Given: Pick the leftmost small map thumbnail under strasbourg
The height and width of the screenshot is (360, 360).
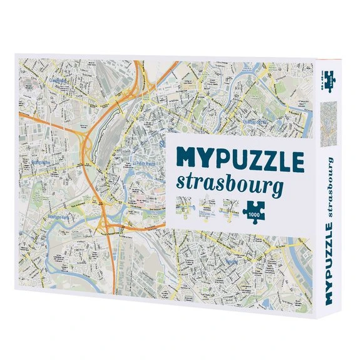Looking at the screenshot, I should (x=185, y=206).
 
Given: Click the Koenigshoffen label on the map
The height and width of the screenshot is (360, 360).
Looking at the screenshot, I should (x=41, y=161).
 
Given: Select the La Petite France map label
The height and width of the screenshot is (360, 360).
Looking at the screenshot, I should (x=146, y=165).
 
